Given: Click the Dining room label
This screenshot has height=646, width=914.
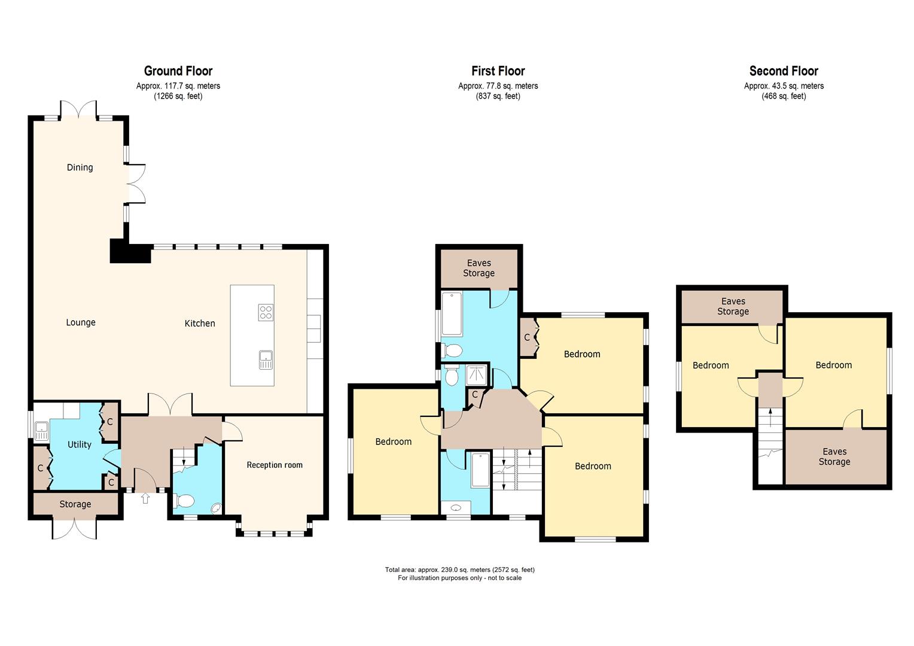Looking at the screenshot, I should coord(80,167).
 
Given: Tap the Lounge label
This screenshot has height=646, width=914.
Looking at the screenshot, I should coord(81,322).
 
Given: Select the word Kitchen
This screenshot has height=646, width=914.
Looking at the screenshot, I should coord(199,323).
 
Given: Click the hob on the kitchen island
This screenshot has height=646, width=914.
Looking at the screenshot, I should coord(266,312).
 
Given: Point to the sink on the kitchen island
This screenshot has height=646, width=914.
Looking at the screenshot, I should coord(266,359).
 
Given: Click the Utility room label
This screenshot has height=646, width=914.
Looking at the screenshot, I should coord(79,444).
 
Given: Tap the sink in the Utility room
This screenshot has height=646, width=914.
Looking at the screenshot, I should coord(41,428).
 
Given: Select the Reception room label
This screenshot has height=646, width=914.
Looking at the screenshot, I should coord(275,465).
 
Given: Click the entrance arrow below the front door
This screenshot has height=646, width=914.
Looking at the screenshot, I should coord(145,498).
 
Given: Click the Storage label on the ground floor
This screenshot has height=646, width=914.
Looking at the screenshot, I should coord(75,504).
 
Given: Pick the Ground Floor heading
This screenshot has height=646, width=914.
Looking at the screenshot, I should coord(178,71).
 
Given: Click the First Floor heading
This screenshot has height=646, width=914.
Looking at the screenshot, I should coord(498,71).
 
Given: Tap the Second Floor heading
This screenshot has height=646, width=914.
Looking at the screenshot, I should coord(784,71).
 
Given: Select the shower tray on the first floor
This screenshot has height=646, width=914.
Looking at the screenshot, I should coord(477,374).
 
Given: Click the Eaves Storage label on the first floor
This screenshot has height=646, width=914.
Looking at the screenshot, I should coord(479,268).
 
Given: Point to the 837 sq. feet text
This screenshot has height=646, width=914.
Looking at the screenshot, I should coord(498,96).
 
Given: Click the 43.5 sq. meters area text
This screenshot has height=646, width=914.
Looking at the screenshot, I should coord(784,86).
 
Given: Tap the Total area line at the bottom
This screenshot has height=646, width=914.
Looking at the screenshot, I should coord(459,569).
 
